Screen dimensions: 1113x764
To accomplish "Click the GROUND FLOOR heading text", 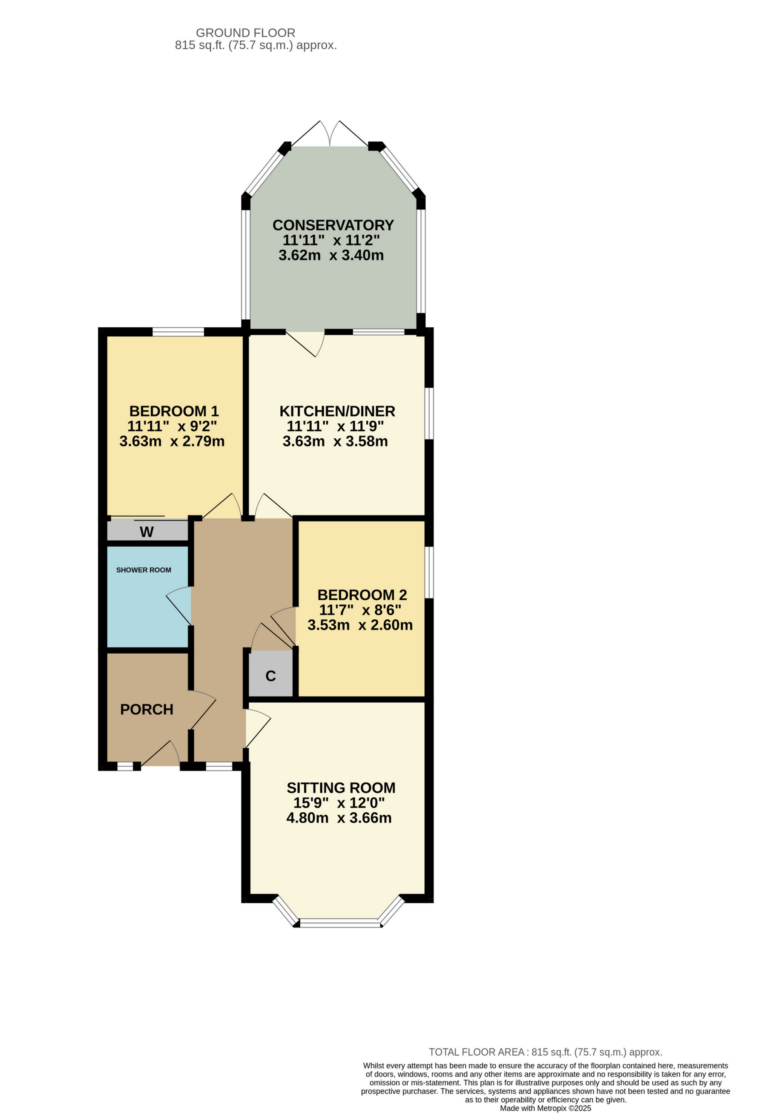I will (245, 33).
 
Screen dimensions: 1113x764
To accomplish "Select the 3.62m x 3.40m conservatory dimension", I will (331, 255).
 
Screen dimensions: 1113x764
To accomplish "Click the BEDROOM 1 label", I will (174, 411).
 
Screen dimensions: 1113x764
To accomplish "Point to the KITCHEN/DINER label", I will (337, 411).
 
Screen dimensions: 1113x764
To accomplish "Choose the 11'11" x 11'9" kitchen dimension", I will (335, 426).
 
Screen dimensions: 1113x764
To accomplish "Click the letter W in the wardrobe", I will (146, 531).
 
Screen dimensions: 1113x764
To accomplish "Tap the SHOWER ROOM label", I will (143, 570).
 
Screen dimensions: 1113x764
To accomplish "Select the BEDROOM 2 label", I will (362, 595).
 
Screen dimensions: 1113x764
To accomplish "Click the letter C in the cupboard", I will (271, 676).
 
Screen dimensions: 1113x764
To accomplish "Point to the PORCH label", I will (146, 709).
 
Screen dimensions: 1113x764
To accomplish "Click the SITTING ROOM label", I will (341, 788).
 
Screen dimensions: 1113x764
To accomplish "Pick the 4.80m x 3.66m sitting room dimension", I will (339, 818).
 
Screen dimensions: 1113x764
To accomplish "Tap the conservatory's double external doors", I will (329, 134).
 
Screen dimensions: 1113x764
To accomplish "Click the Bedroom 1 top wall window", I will (178, 332).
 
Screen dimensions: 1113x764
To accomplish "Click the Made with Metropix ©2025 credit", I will (545, 1108).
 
